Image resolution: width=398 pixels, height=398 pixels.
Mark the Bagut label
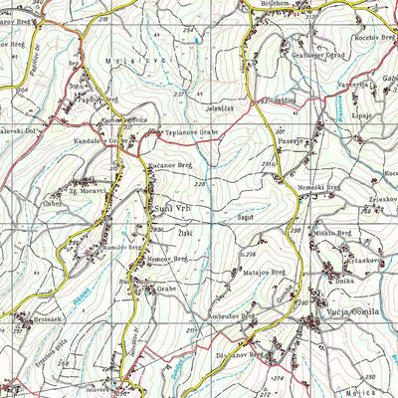point(247,216)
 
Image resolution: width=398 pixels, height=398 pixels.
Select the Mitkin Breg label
point(332,233)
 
